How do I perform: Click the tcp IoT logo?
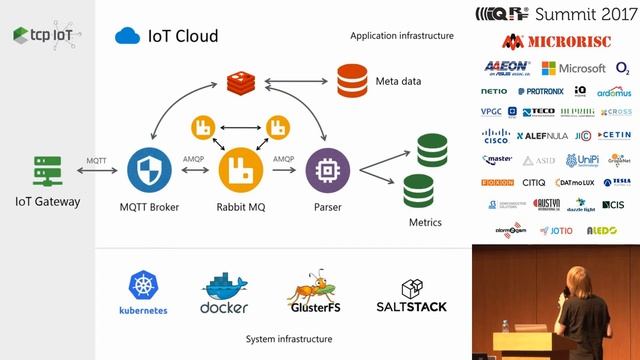click(47, 35)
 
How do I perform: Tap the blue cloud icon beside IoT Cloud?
click(127, 36)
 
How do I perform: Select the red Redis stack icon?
click(241, 83)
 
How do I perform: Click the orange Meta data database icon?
click(351, 80)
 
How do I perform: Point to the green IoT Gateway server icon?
click(47, 170)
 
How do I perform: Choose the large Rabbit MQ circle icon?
click(241, 169)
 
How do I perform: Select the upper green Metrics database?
click(432, 151)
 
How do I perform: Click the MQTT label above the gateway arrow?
click(96, 160)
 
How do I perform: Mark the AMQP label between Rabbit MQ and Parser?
click(284, 158)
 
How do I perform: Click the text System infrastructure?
click(289, 340)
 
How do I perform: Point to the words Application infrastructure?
click(402, 36)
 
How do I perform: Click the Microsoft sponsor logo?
click(574, 68)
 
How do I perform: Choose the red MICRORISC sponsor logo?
click(555, 42)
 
